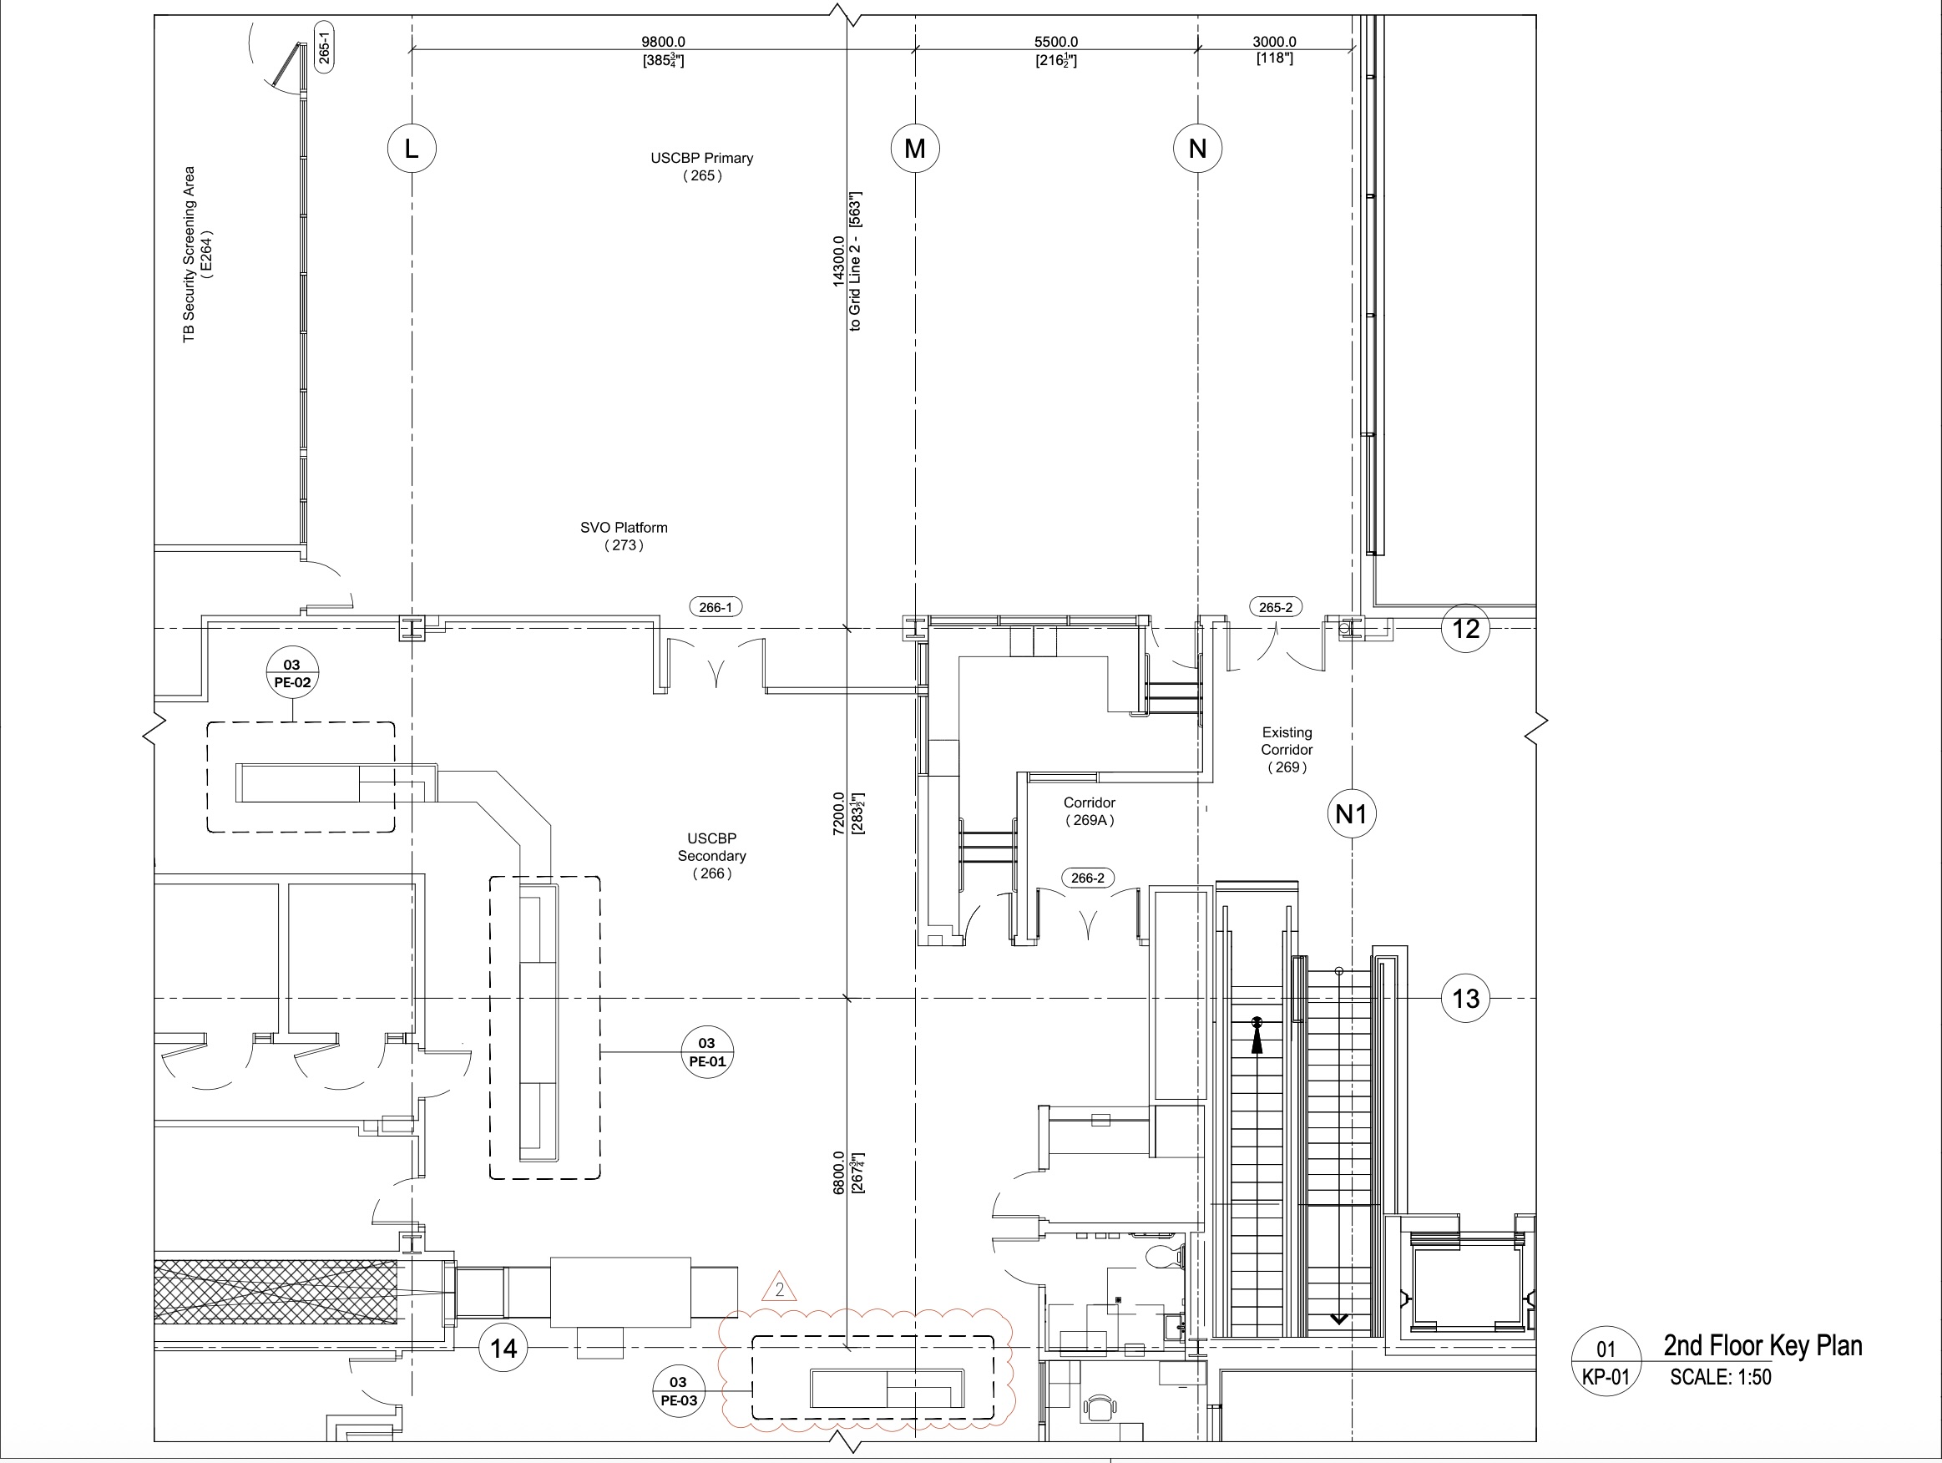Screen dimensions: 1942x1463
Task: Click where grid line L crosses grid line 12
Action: point(412,629)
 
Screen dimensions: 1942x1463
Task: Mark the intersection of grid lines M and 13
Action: point(916,999)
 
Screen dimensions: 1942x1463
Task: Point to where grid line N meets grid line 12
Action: point(1198,629)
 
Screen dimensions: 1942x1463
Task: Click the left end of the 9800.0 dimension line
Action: point(412,50)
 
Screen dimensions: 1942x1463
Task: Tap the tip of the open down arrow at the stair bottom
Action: point(1339,1323)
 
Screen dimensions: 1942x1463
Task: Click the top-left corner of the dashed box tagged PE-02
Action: point(208,722)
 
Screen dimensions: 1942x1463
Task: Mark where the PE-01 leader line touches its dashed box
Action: point(600,1051)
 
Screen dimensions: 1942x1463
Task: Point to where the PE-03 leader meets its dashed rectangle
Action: point(753,1391)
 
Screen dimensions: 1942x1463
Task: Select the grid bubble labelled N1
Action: point(1351,814)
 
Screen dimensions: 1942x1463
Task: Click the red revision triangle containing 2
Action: point(779,1288)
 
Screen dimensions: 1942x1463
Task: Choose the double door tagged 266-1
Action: point(716,664)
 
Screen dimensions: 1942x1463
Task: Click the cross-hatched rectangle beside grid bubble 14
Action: point(276,1291)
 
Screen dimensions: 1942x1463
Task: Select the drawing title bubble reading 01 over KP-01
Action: point(1606,1362)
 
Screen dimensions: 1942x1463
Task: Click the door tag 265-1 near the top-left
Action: point(324,48)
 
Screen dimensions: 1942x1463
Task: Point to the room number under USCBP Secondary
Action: point(712,873)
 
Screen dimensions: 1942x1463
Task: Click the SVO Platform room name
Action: point(625,528)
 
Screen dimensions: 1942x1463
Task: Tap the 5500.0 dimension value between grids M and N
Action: point(1056,42)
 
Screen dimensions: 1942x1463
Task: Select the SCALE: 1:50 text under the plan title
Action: point(1721,1377)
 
